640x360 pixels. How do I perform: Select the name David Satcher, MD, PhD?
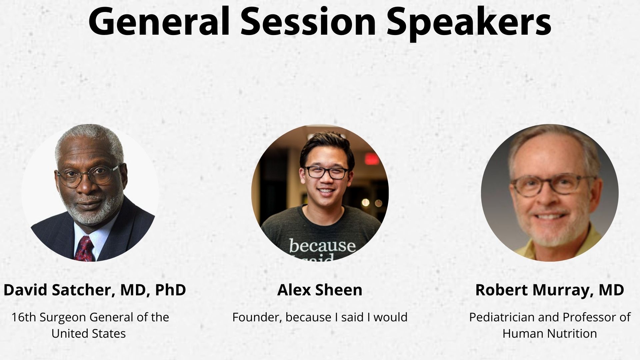click(95, 290)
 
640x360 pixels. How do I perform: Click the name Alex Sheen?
click(320, 290)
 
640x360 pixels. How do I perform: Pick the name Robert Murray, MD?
click(549, 290)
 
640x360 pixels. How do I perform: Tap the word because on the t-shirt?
click(322, 246)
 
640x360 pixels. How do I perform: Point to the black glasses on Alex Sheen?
click(327, 172)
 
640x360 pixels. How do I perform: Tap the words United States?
click(89, 334)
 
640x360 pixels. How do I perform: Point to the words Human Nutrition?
click(550, 334)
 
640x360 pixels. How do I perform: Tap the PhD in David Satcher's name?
click(170, 290)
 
